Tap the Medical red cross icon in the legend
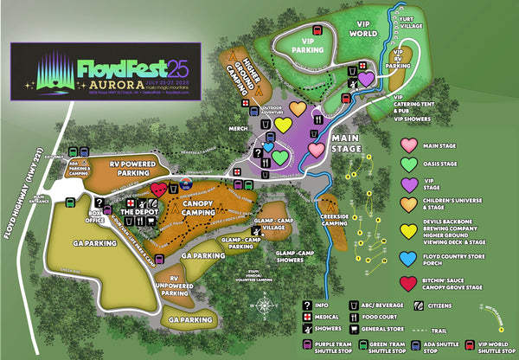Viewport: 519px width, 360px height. [x=307, y=316]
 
